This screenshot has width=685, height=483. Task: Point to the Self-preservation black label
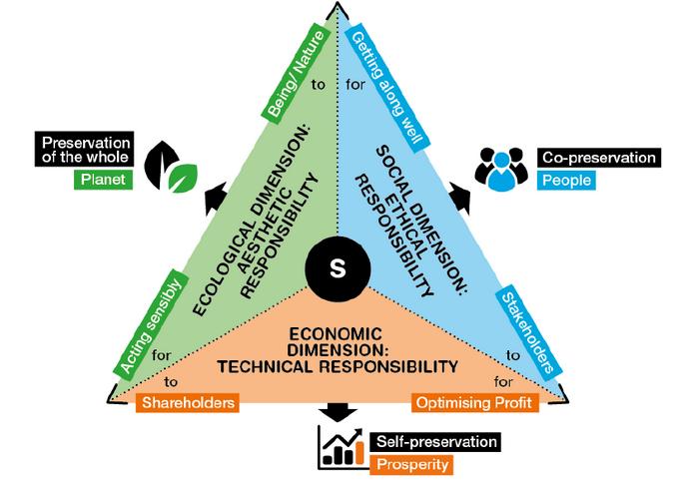(x=435, y=440)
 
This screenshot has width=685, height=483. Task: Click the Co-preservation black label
(x=597, y=158)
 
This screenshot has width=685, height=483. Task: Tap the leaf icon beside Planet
(x=173, y=169)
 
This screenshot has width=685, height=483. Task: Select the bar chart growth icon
(x=340, y=446)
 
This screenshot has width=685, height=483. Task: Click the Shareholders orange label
(x=188, y=403)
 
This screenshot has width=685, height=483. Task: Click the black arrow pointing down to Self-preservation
(x=341, y=411)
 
